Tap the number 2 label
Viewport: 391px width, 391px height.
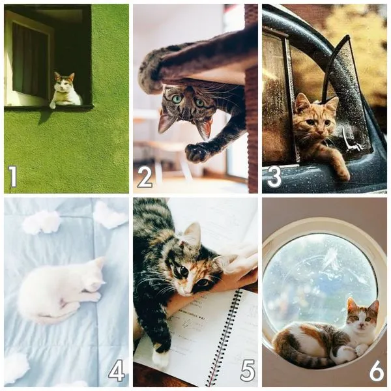pyautogui.click(x=145, y=177)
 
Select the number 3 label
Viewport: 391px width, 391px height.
pyautogui.click(x=274, y=177)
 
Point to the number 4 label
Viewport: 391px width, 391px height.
pyautogui.click(x=117, y=370)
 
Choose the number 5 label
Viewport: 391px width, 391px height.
pyautogui.click(x=248, y=371)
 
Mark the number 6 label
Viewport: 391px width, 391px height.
pyautogui.click(x=377, y=371)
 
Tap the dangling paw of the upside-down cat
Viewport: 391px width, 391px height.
pyautogui.click(x=197, y=152)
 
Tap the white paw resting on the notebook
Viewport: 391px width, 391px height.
pyautogui.click(x=160, y=358)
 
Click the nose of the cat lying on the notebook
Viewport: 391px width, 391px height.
pyautogui.click(x=185, y=289)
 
